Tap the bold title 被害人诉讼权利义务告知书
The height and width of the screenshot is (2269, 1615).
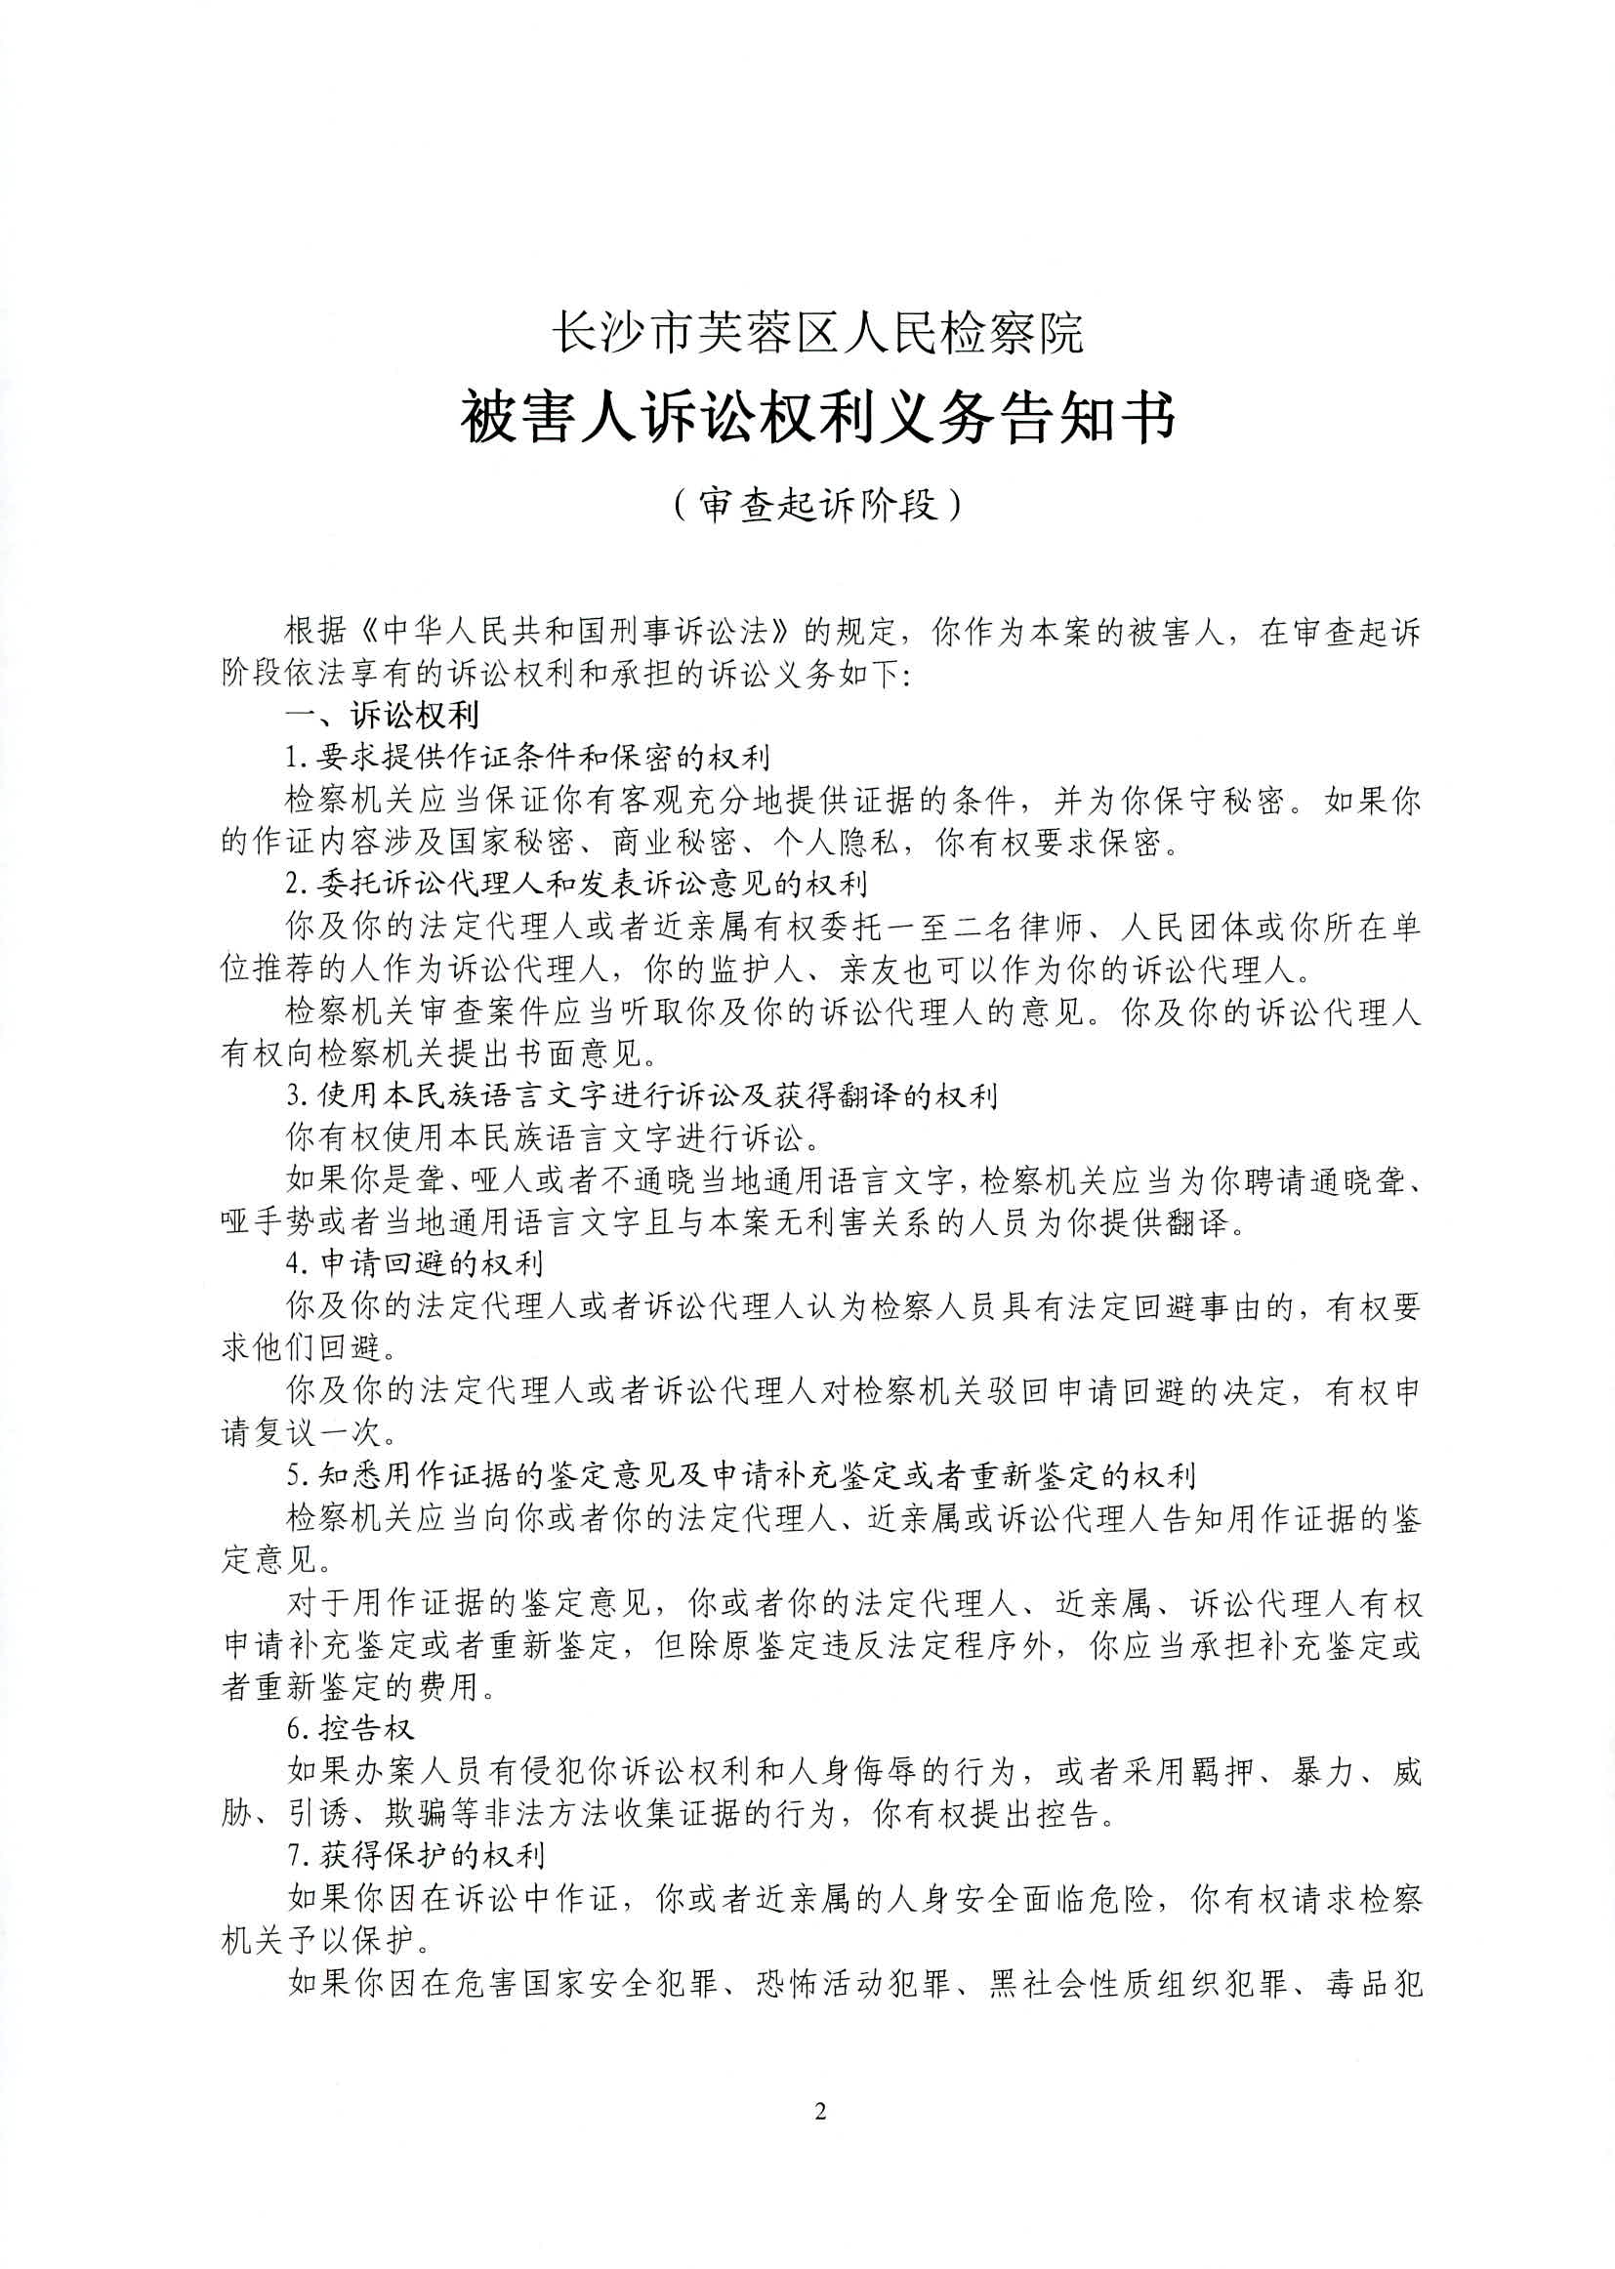817,418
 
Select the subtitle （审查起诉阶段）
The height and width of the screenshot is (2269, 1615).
817,505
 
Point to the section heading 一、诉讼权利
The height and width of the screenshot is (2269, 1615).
382,715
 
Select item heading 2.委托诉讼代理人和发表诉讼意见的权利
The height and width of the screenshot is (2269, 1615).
577,884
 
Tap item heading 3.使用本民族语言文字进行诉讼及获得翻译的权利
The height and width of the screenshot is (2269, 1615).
642,1095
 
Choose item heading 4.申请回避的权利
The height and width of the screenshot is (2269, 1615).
415,1264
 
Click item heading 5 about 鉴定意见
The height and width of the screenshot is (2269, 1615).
741,1474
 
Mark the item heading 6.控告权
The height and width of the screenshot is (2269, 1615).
351,1729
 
